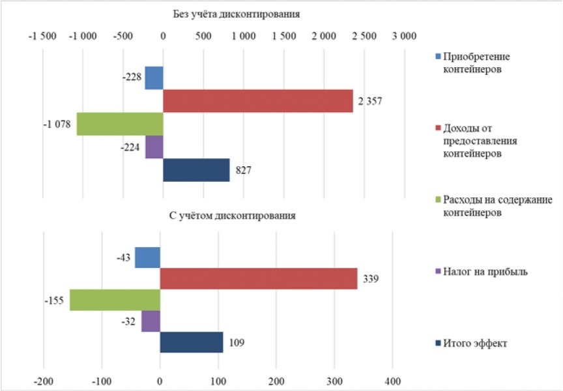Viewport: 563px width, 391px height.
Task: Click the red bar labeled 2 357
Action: pos(257,101)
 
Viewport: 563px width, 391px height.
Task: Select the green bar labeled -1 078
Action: pos(120,124)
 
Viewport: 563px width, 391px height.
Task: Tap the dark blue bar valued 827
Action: pos(196,170)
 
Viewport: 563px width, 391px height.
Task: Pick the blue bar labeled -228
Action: pos(154,78)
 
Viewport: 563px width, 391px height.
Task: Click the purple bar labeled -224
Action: pos(154,147)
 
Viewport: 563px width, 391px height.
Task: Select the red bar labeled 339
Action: pos(258,278)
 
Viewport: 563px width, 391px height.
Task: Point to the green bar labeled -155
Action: pos(115,300)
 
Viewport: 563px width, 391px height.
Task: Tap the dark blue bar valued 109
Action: pos(191,342)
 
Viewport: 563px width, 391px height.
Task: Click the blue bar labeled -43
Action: pos(147,257)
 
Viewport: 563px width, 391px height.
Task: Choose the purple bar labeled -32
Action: pos(151,321)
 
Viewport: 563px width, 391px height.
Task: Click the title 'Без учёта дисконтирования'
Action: pos(223,13)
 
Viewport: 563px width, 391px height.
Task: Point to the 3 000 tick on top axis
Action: pos(404,36)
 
